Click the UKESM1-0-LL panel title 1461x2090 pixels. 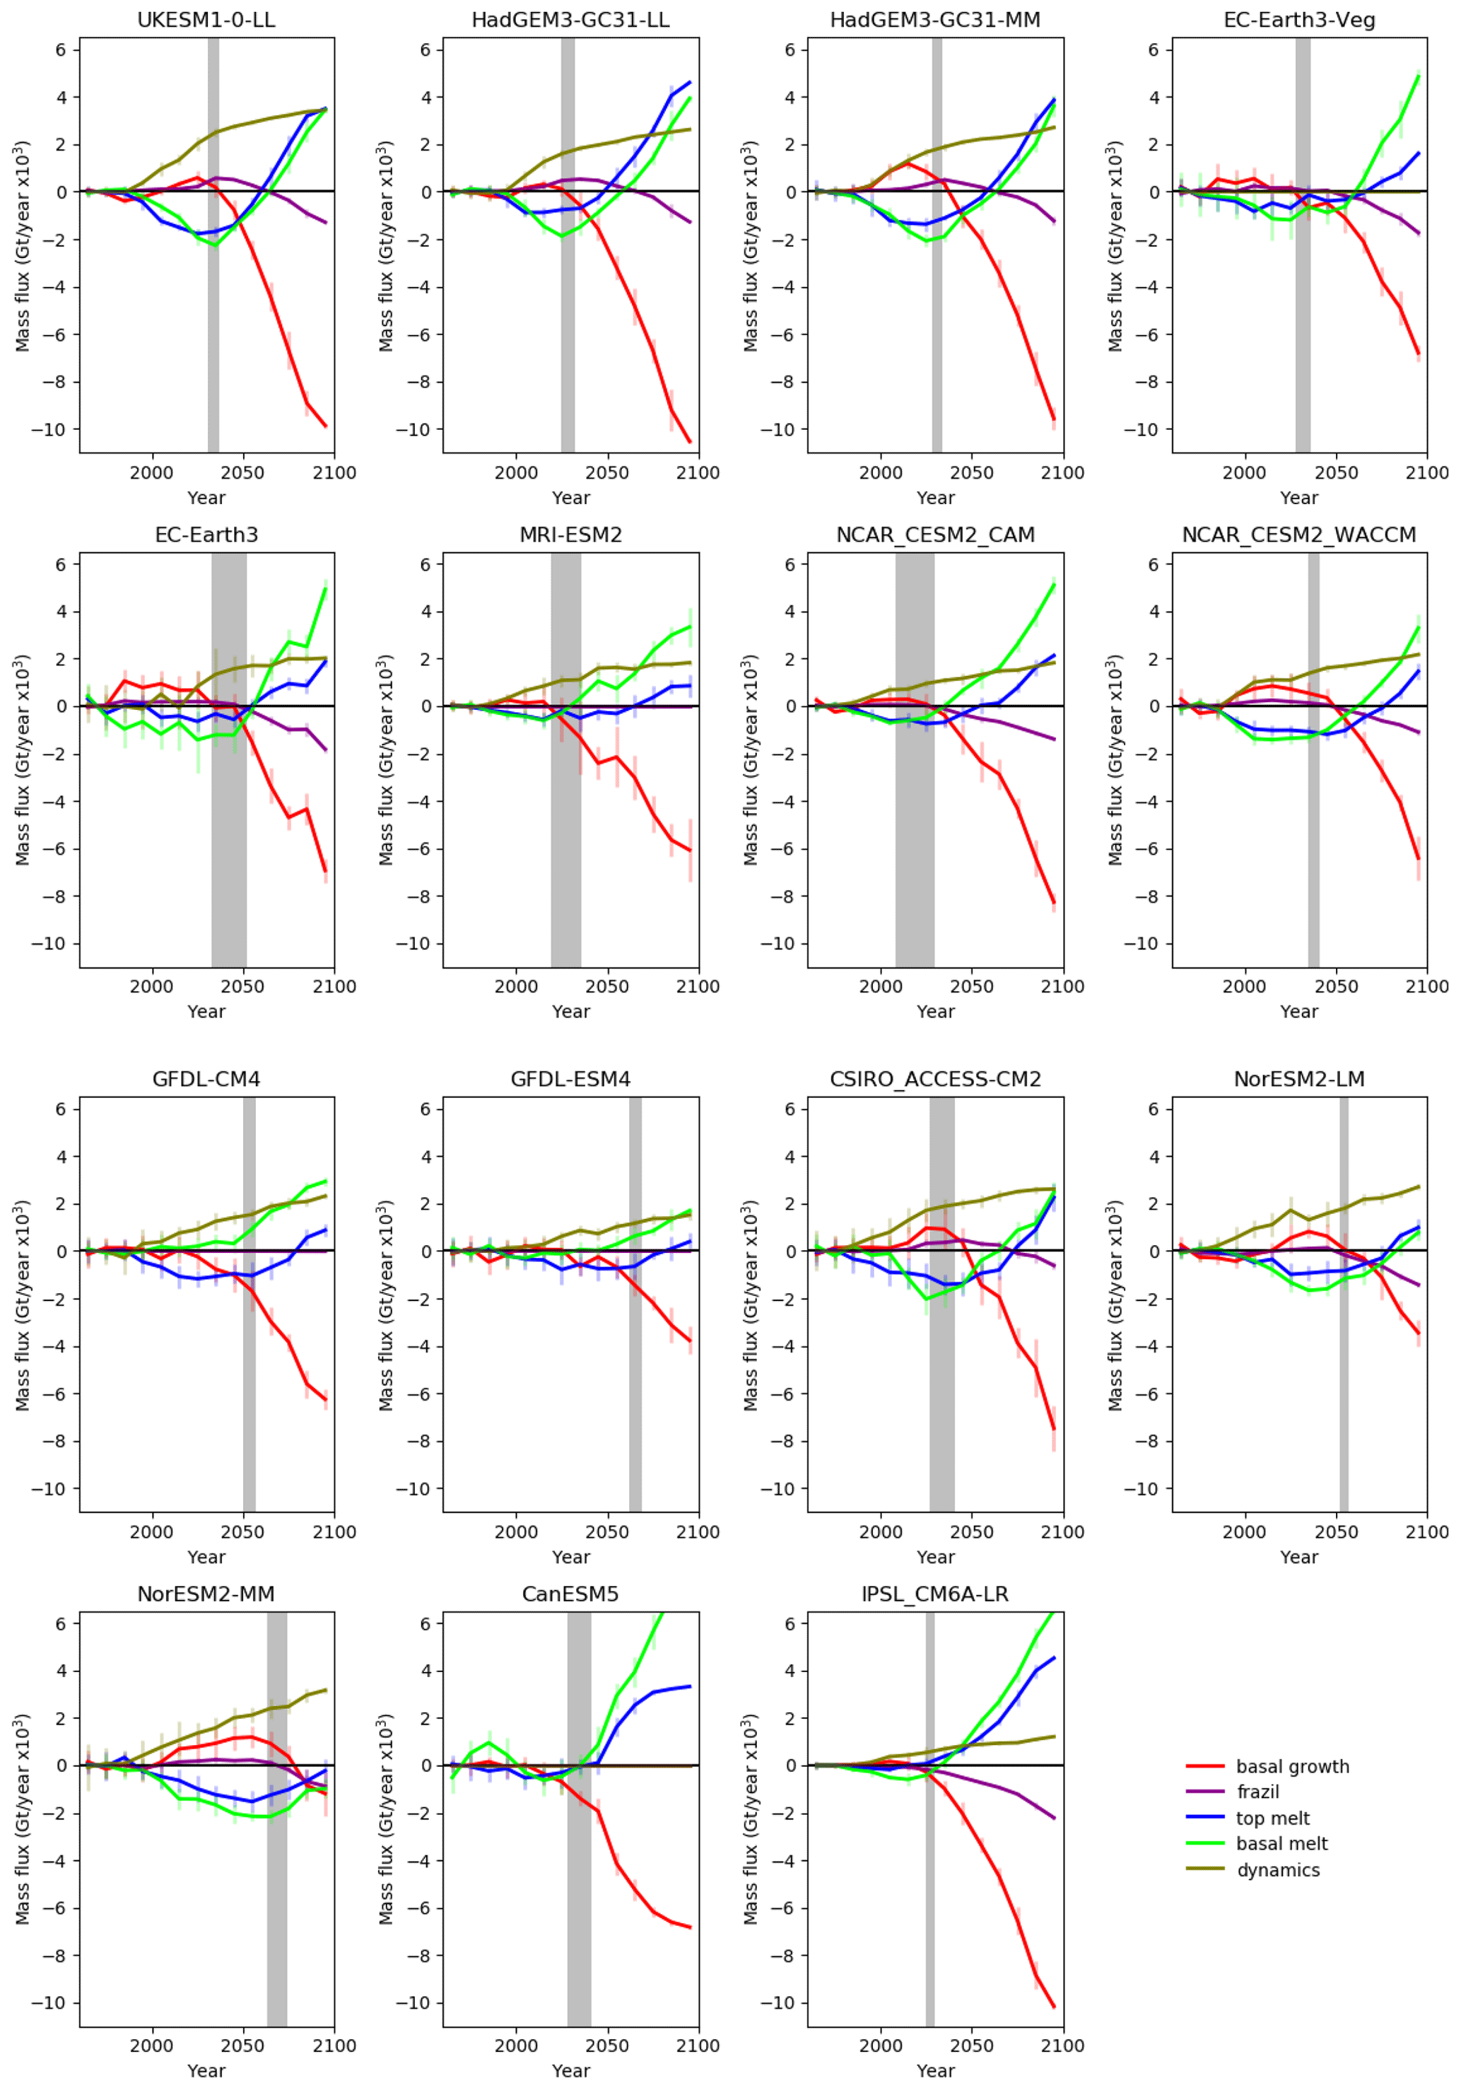206,20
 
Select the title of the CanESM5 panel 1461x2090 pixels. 570,1594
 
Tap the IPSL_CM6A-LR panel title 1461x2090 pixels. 935,1594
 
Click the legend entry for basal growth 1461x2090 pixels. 1291,1767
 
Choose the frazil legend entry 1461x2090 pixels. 1257,1792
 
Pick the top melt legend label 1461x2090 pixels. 1272,1818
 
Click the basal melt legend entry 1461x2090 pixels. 1281,1844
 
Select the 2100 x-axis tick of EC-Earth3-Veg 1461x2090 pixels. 1426,473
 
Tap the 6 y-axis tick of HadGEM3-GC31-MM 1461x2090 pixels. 788,50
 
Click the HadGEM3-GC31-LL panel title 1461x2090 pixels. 570,20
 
